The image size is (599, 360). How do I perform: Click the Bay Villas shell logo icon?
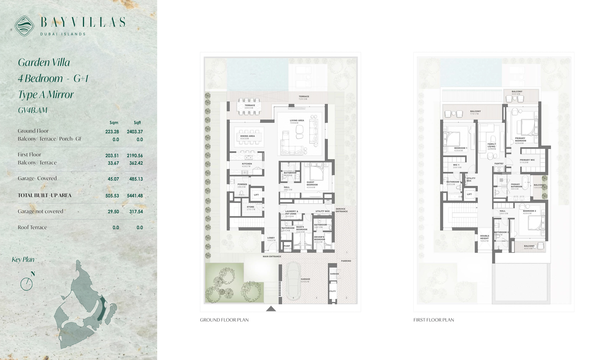(24, 26)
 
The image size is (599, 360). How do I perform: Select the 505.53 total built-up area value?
(112, 196)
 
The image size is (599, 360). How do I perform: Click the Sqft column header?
(137, 123)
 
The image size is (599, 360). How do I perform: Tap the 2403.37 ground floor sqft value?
(135, 132)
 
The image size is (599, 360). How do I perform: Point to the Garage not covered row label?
(40, 211)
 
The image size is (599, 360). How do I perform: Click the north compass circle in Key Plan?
(26, 284)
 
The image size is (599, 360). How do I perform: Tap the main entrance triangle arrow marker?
(271, 309)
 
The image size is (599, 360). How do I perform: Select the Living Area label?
(297, 121)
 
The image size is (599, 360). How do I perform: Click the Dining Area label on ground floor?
(247, 136)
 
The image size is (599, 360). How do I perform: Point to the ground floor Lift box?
(256, 195)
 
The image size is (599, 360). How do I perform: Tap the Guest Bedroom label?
(312, 183)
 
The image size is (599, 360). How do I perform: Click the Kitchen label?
(247, 164)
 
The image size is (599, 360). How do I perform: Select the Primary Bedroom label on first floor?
(520, 139)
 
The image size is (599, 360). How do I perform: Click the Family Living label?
(491, 145)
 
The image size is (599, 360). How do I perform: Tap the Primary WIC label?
(527, 160)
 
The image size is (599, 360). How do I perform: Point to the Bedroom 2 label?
(529, 211)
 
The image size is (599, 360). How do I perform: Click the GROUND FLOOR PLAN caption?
(224, 320)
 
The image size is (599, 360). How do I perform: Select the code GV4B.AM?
(33, 110)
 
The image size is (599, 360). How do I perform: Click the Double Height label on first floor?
(485, 237)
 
